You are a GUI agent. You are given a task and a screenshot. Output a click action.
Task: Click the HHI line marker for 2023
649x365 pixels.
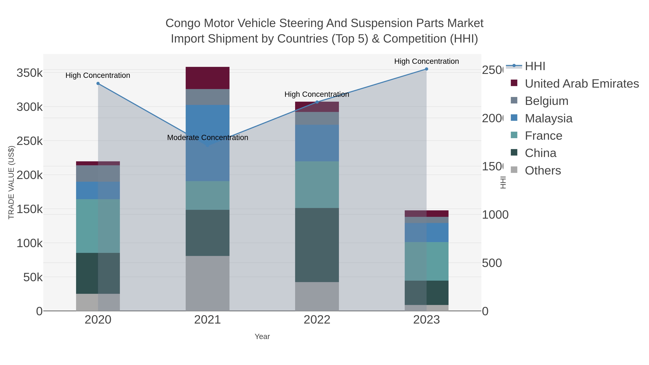[426, 69]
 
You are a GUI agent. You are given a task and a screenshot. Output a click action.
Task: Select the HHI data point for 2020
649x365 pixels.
[98, 84]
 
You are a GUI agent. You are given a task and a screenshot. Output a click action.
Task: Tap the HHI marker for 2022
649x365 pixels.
[317, 102]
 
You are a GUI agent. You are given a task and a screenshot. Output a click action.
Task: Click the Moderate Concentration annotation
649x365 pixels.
[208, 138]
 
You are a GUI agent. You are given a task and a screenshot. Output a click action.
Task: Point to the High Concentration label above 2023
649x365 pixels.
[426, 61]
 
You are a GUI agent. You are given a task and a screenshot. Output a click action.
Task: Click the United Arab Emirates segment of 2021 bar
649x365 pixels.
[207, 78]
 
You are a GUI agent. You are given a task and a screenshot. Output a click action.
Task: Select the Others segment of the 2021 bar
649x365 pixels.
[207, 283]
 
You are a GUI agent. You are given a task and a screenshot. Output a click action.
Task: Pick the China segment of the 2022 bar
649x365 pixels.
[317, 245]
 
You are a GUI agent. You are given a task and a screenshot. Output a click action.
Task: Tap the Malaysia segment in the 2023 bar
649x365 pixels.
[426, 232]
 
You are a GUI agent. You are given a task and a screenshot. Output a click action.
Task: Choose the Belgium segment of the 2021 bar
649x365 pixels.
[207, 97]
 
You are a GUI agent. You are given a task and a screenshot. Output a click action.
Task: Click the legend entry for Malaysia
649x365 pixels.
[548, 118]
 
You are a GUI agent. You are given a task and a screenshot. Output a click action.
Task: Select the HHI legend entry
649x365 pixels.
[535, 66]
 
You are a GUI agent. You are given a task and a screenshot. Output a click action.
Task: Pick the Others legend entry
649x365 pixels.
[542, 171]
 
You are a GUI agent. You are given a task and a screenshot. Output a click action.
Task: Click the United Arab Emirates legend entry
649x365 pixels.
[581, 84]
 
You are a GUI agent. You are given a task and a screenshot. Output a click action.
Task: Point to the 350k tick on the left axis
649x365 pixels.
[30, 73]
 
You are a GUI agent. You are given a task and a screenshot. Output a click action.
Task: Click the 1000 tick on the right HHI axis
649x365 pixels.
[495, 215]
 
